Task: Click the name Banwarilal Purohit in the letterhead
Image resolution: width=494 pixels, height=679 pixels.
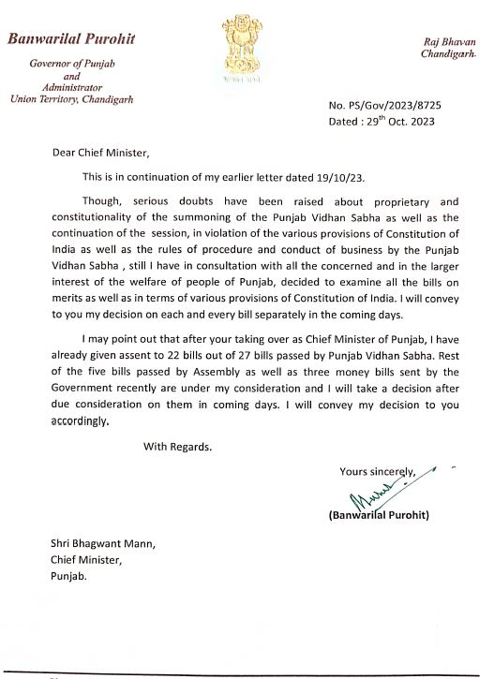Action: point(71,39)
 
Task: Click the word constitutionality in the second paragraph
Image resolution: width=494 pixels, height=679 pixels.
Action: point(97,217)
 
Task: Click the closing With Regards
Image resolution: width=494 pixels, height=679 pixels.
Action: point(177,446)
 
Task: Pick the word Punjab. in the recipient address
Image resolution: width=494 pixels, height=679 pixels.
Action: point(70,576)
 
